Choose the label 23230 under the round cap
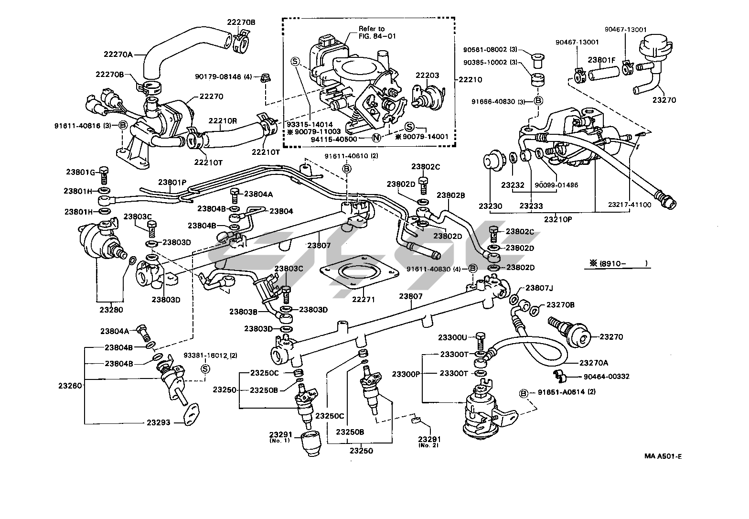pos(490,206)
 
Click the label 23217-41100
pos(629,205)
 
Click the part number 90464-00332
pos(603,377)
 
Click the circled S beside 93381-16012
pos(205,368)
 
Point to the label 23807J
pos(539,288)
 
